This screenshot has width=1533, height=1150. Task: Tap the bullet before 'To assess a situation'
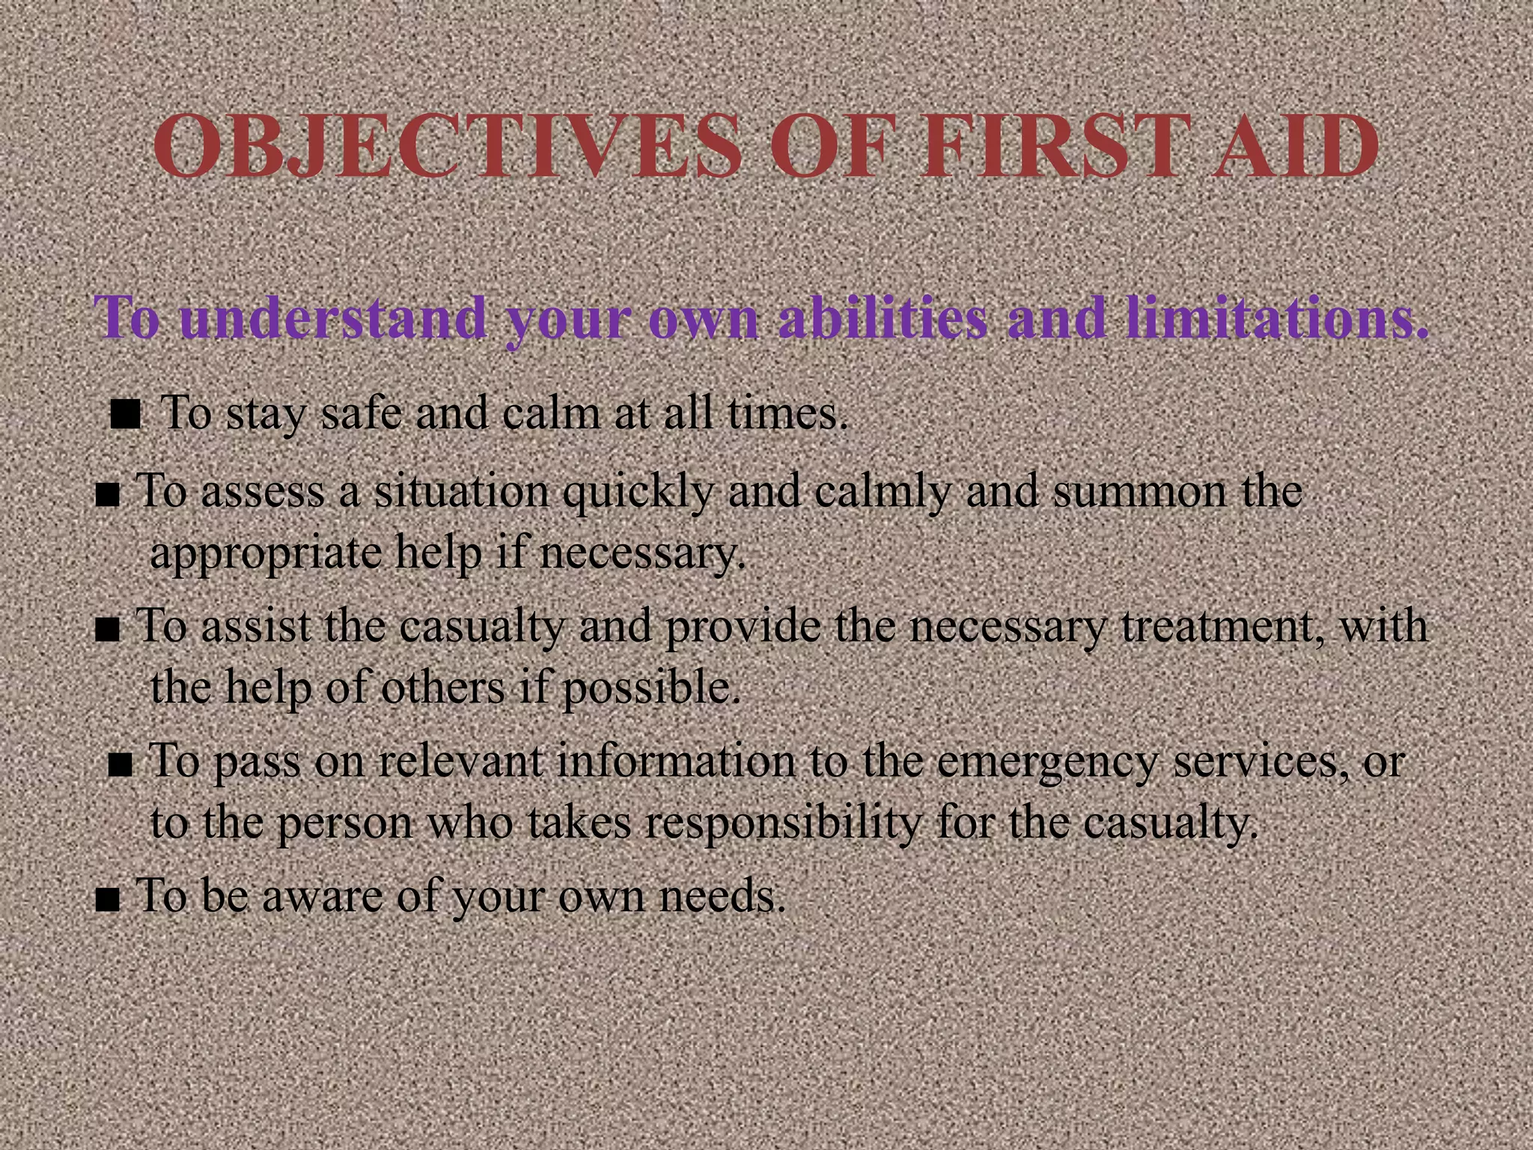108,496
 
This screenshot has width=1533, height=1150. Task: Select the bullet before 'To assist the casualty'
108,630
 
